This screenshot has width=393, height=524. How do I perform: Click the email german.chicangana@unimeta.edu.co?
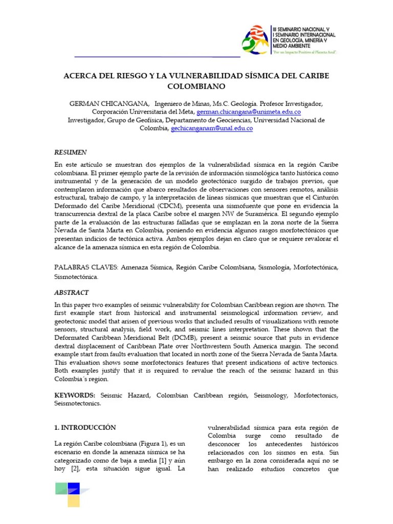pyautogui.click(x=248, y=112)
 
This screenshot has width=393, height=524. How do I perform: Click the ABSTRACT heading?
pyautogui.click(x=71, y=293)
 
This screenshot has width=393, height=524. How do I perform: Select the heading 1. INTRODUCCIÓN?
pyautogui.click(x=85, y=427)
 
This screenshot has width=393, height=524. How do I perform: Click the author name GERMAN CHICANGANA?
pyautogui.click(x=102, y=103)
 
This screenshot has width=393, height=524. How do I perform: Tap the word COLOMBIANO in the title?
pyautogui.click(x=196, y=86)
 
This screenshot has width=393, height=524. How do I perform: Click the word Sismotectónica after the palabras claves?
pyautogui.click(x=76, y=276)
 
